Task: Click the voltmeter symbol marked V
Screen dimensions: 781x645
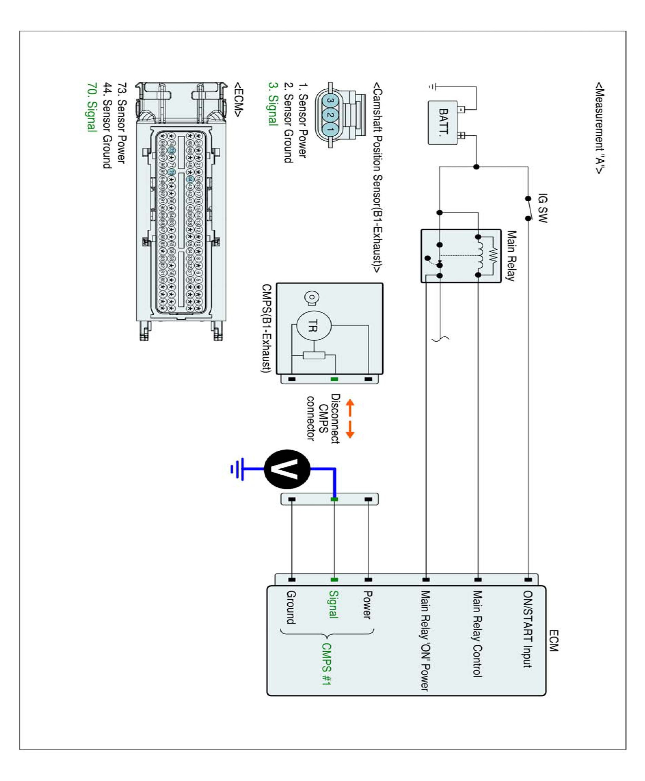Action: pyautogui.click(x=287, y=469)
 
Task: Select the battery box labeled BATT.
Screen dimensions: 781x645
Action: pyautogui.click(x=443, y=123)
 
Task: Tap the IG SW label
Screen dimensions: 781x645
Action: pyautogui.click(x=542, y=208)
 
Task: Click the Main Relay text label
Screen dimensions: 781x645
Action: pyautogui.click(x=511, y=256)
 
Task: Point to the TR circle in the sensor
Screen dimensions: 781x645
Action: pyautogui.click(x=314, y=326)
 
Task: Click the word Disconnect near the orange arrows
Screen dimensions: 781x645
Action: pyautogui.click(x=335, y=419)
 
